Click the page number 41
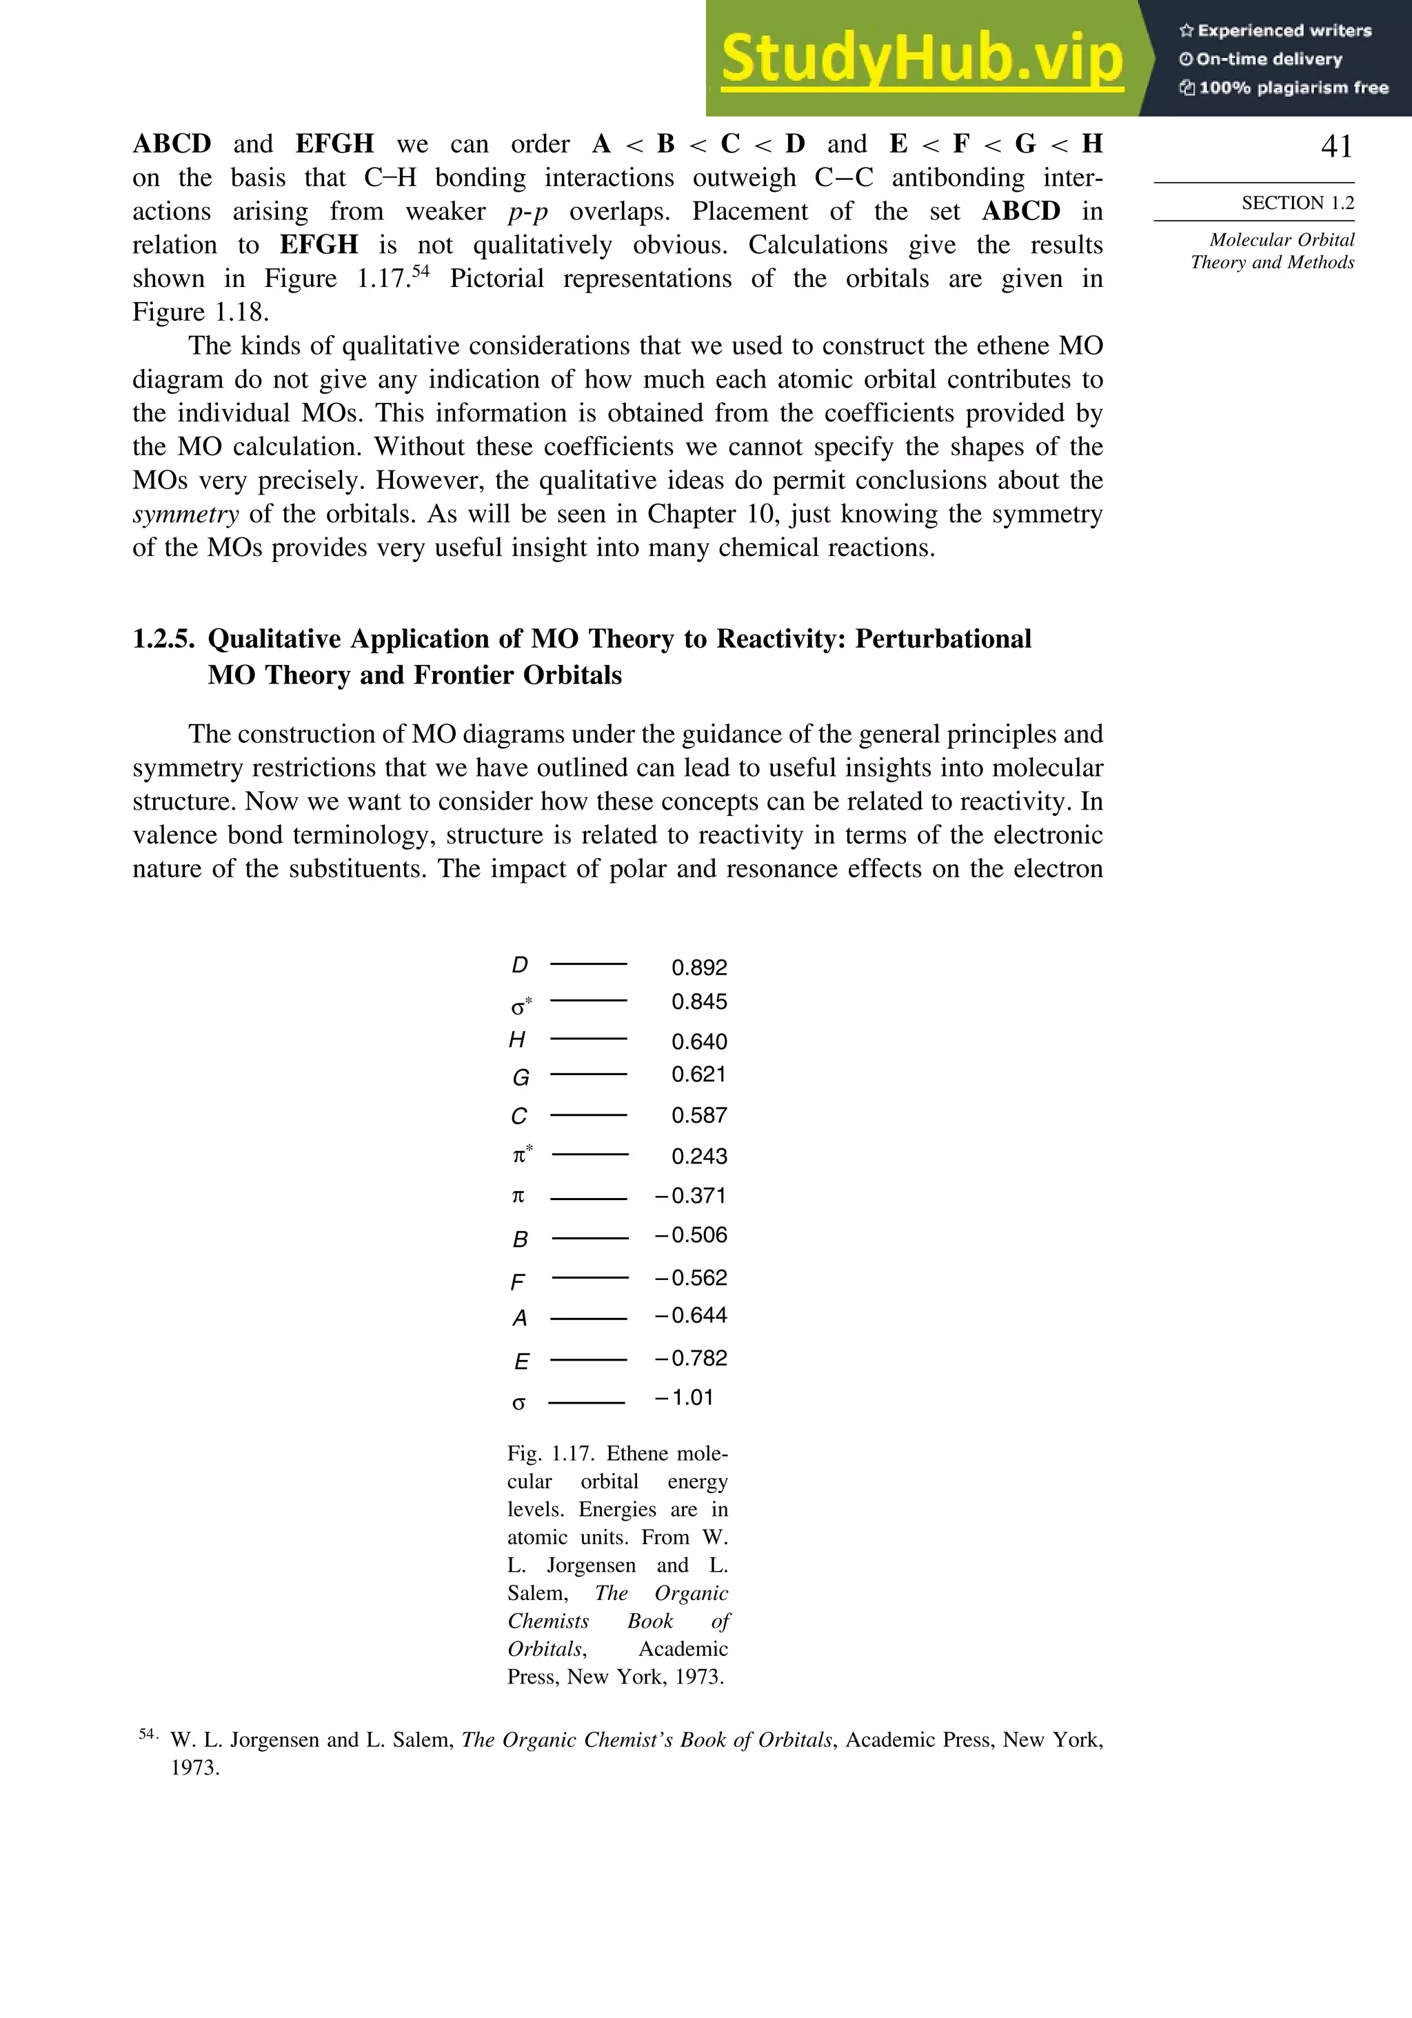pos(1335,147)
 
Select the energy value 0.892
pos(698,968)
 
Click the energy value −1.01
pos(684,1397)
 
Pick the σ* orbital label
pos(522,1006)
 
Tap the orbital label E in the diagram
pos(521,1361)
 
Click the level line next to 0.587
pos(588,1115)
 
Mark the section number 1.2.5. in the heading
pos(163,639)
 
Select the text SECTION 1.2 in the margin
pos(1297,203)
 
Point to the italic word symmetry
pos(185,515)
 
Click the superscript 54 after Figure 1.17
pos(420,271)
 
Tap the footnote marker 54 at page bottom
pos(148,1734)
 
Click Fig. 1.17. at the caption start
pos(549,1454)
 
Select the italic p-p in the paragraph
pos(527,212)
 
